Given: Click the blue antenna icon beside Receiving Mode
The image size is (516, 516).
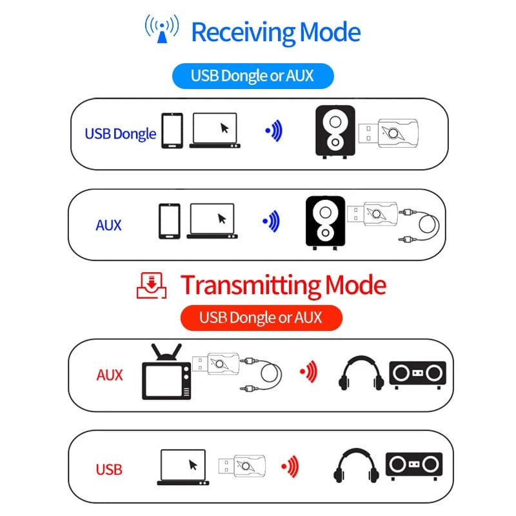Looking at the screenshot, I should click(x=161, y=30).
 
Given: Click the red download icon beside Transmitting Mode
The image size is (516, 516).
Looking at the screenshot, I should click(x=152, y=284).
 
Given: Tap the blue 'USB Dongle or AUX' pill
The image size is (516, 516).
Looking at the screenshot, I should click(x=252, y=75).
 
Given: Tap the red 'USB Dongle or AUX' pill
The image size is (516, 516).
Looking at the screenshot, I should click(x=261, y=317).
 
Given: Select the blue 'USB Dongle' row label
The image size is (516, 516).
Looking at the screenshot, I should click(x=121, y=134).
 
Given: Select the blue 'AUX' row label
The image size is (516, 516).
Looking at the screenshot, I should click(x=108, y=225).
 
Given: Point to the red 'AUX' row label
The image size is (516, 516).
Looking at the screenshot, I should click(x=109, y=375).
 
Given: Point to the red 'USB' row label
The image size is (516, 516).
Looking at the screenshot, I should click(x=109, y=469).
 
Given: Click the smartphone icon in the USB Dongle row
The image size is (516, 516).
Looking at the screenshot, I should click(x=172, y=131).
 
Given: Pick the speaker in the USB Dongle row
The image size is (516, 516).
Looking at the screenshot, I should click(x=335, y=131).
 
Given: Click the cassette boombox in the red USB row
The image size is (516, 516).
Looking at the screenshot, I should click(x=413, y=464).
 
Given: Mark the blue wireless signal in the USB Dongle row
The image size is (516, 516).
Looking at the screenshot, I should click(x=274, y=131).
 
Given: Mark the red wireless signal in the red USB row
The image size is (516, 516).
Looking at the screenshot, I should click(x=290, y=464).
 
